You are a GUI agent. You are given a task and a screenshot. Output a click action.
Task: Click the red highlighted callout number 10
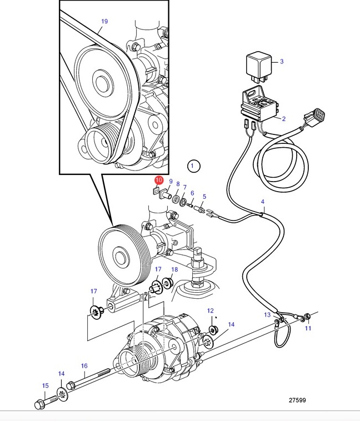tap(159, 180)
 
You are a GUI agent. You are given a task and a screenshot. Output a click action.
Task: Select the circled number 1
tap(193, 166)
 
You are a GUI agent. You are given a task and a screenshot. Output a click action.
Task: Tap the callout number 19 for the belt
tap(104, 21)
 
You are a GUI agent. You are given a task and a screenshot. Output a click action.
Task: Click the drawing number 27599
tap(297, 400)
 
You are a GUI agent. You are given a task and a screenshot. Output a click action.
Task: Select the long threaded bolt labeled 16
tap(88, 379)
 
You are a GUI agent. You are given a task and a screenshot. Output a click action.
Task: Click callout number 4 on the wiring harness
tap(262, 202)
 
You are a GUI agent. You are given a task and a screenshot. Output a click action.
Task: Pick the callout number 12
tap(211, 310)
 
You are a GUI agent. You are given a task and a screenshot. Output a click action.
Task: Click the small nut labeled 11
tap(307, 317)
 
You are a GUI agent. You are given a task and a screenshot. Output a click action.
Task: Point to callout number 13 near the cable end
tap(267, 314)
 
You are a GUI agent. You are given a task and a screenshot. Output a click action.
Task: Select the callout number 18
tap(174, 269)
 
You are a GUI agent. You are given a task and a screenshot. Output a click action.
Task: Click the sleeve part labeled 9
tap(164, 194)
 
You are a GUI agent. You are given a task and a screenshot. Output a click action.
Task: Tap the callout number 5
tap(204, 197)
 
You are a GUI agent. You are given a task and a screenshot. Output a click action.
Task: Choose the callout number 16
tap(84, 365)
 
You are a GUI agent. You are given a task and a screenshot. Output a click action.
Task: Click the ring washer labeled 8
tap(176, 199)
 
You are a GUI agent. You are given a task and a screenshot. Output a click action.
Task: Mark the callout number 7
tap(184, 187)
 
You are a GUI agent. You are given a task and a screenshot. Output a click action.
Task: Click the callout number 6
tap(192, 193)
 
